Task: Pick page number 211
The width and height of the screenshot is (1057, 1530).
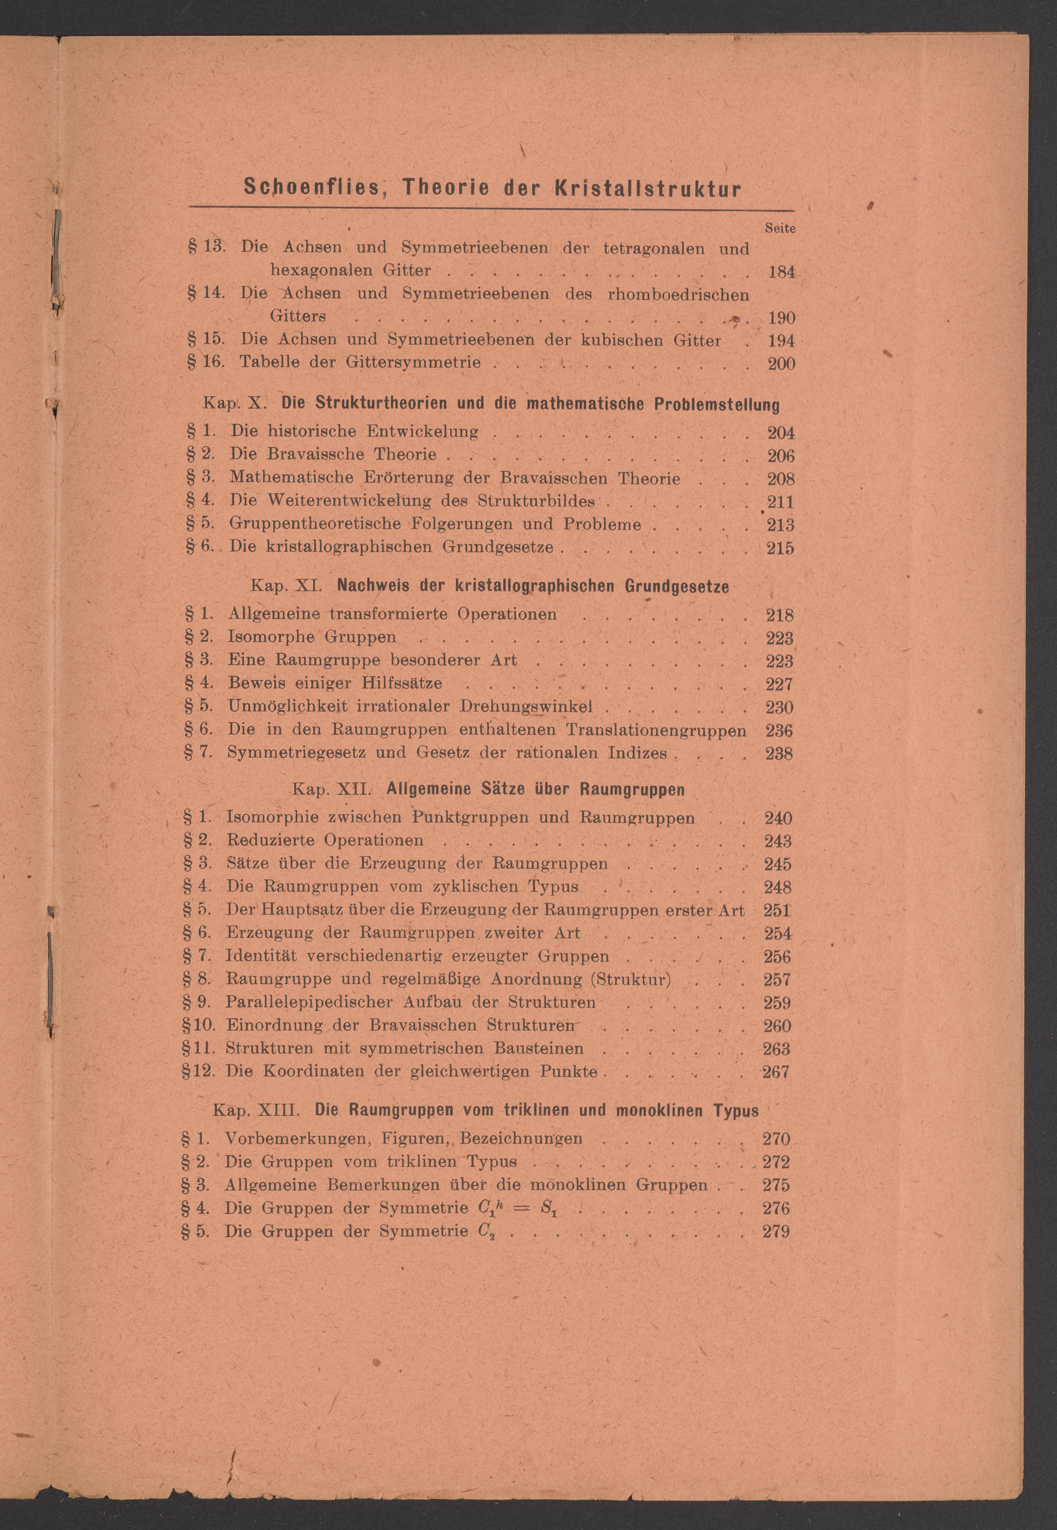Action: click(781, 502)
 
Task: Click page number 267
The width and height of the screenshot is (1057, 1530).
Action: click(776, 1072)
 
